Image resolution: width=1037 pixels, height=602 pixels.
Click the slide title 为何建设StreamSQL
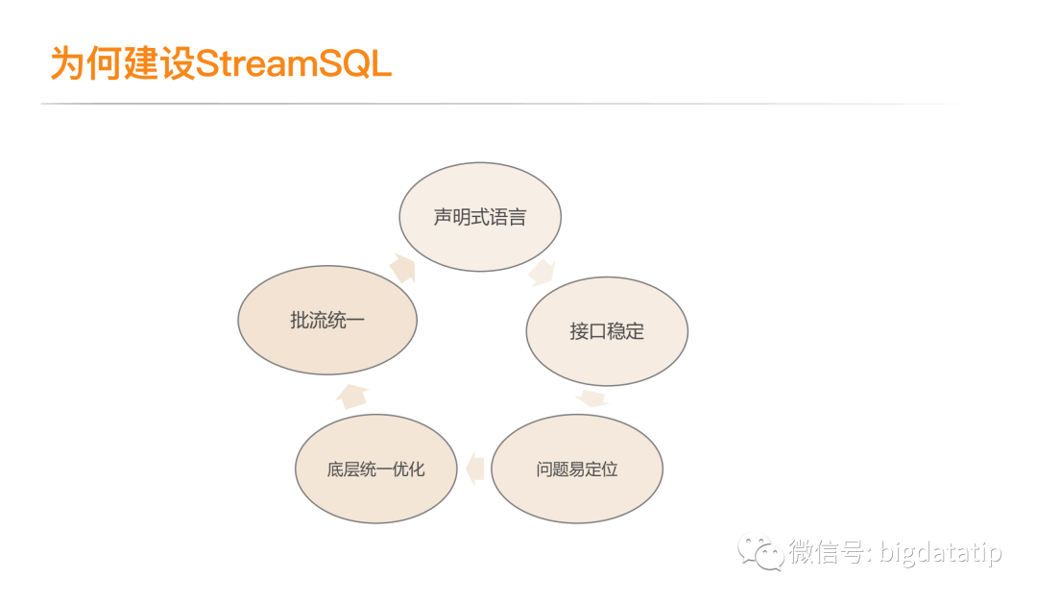tap(221, 64)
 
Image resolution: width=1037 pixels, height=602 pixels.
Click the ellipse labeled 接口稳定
tap(607, 331)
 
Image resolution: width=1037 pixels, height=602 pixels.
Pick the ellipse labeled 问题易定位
tap(577, 470)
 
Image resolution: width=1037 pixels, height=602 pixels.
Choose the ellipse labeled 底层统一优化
tap(375, 470)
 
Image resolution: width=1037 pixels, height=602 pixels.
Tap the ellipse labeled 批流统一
tap(327, 321)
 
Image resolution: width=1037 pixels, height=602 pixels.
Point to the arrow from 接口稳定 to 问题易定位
tap(592, 397)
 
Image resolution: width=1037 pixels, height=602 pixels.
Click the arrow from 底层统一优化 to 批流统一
tap(351, 396)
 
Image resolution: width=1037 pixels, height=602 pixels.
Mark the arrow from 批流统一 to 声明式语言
tap(402, 268)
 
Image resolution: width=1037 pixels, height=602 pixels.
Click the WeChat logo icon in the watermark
tap(759, 551)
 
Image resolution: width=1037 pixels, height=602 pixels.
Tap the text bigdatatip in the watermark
tap(940, 553)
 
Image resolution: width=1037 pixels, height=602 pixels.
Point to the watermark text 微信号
tap(827, 553)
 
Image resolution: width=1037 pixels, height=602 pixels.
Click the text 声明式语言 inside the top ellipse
tap(480, 217)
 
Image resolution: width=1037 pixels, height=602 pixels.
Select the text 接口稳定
tap(607, 331)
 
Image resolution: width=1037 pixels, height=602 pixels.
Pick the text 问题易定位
tap(577, 470)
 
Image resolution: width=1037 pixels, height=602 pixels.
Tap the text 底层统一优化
tap(375, 470)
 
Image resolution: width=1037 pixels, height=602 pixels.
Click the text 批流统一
tap(327, 321)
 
